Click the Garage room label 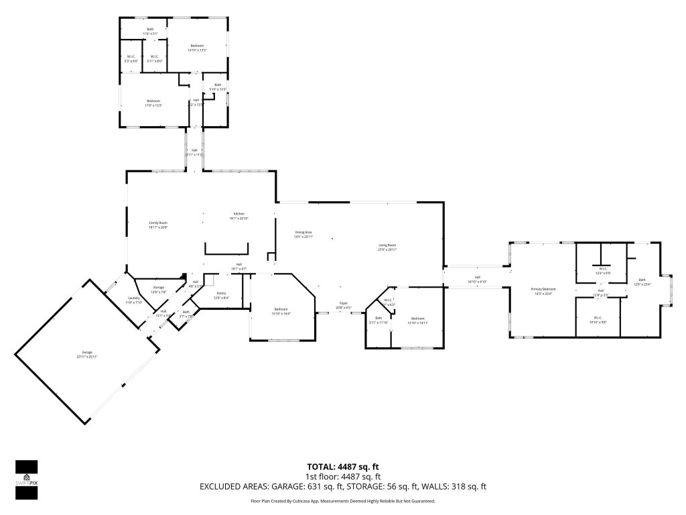[x=87, y=354]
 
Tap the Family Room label [x=158, y=225]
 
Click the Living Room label [x=387, y=247]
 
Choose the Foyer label [x=342, y=305]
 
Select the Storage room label [x=159, y=289]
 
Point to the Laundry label [x=134, y=300]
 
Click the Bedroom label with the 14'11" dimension [x=418, y=320]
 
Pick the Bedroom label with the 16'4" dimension [x=280, y=311]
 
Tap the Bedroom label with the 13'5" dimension [x=197, y=47]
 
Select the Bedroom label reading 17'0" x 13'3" [x=154, y=103]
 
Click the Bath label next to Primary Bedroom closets [x=642, y=282]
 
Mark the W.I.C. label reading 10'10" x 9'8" [x=598, y=319]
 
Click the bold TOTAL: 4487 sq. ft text [x=343, y=467]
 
